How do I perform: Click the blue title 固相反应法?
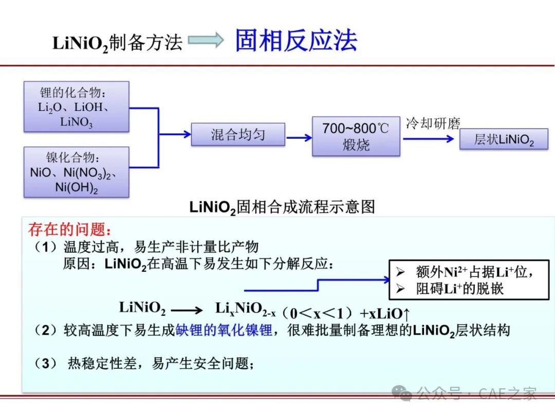[x=297, y=41]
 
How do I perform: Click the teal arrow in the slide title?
[x=206, y=40]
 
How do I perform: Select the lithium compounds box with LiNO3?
[x=77, y=107]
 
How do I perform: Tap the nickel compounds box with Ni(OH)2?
[x=77, y=172]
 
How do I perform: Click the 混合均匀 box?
[x=238, y=135]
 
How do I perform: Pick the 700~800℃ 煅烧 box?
[x=356, y=136]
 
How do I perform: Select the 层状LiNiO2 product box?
[x=504, y=139]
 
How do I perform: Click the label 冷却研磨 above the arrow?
[x=433, y=123]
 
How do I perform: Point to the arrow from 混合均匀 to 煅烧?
[x=299, y=138]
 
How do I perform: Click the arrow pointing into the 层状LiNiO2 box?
[x=429, y=139]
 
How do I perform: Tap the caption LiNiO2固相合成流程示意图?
[x=282, y=207]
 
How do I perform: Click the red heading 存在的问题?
[x=70, y=230]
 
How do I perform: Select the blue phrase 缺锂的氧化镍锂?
[x=224, y=330]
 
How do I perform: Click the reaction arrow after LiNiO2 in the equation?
[x=187, y=311]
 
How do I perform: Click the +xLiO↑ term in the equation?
[x=385, y=313]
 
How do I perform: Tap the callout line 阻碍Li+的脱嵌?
[x=459, y=289]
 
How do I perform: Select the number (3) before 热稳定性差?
[x=45, y=363]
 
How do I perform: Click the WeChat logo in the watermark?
[x=402, y=393]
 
